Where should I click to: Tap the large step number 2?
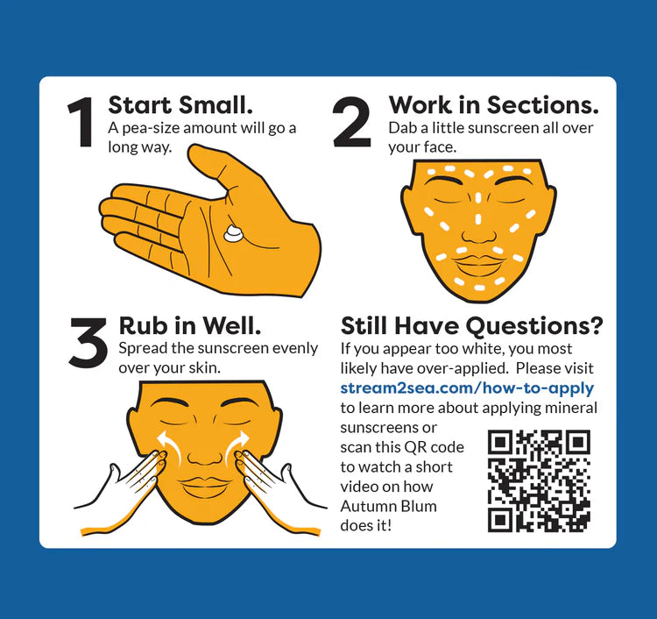click(x=352, y=122)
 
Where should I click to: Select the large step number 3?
click(x=88, y=343)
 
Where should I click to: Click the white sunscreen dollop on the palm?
click(x=233, y=233)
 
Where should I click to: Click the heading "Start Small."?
click(x=180, y=105)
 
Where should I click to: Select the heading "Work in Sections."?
click(x=493, y=105)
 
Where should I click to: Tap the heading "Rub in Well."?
click(x=190, y=326)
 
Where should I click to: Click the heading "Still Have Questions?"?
click(x=472, y=326)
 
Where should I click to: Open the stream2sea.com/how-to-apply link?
click(x=467, y=388)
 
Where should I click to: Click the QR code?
click(x=540, y=481)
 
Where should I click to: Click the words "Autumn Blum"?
click(x=388, y=506)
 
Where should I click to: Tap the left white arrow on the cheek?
click(x=171, y=446)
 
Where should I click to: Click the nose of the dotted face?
click(x=478, y=232)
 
